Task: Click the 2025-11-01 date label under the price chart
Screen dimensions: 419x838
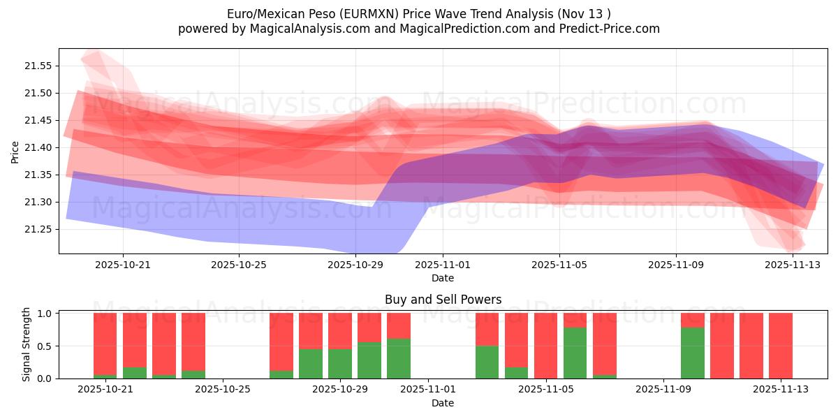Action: point(442,265)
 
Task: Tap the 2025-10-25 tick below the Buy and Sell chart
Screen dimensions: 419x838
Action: point(222,390)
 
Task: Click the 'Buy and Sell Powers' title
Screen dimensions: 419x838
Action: point(443,300)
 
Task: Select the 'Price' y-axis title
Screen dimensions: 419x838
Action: point(15,152)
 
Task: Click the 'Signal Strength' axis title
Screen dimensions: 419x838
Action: point(27,344)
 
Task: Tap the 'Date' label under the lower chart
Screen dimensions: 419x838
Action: point(443,403)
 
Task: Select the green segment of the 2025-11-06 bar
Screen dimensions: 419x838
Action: point(575,353)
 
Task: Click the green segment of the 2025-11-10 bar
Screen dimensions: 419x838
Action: point(693,353)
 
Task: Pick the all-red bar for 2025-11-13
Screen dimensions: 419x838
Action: point(781,346)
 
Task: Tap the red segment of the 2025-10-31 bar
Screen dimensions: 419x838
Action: point(399,325)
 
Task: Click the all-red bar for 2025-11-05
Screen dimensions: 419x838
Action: point(546,346)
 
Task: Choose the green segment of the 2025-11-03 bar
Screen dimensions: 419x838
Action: point(487,362)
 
